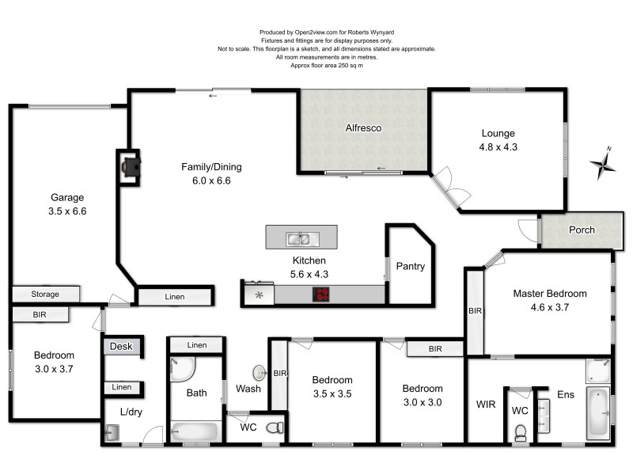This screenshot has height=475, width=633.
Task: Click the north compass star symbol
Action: (603, 163)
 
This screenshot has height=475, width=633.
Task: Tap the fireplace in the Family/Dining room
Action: (131, 167)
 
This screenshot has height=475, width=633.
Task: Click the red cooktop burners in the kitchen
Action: (321, 294)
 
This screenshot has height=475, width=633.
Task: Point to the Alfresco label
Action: (363, 128)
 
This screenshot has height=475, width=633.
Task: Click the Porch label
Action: (582, 230)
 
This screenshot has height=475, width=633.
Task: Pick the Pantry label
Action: (411, 266)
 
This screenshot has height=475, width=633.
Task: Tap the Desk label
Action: (121, 346)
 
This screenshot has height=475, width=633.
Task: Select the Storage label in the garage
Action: (45, 294)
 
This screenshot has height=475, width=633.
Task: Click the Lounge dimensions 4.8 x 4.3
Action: (498, 147)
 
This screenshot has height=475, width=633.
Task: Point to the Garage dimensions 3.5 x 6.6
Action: (67, 211)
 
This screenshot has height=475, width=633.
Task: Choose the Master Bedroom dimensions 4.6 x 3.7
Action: (550, 307)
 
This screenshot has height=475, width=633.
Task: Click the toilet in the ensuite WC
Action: (521, 432)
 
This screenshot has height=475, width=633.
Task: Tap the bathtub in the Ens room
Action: (598, 412)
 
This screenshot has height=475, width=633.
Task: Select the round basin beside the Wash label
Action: (259, 373)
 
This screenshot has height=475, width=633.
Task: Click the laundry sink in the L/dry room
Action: (112, 433)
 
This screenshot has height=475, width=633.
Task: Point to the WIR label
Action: (486, 405)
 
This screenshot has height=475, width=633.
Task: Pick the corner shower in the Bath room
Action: (182, 370)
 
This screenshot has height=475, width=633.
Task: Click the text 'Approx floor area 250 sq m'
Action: (327, 66)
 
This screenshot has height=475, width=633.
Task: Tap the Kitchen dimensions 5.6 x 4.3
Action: (309, 274)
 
